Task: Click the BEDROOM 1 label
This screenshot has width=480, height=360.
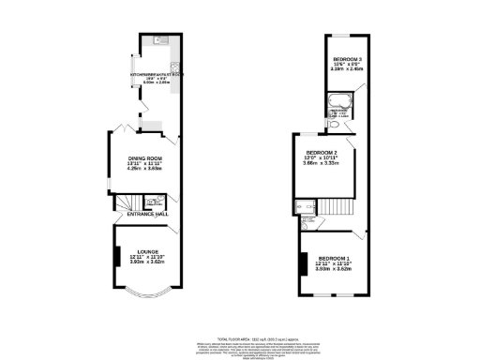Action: [333, 258]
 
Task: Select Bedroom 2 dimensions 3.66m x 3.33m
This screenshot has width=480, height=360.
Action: [321, 163]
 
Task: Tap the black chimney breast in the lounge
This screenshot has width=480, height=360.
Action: [116, 256]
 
